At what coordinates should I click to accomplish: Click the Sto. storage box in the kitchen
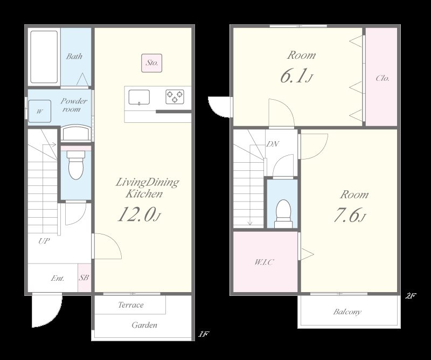(152, 63)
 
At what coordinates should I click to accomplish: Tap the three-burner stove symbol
(175, 97)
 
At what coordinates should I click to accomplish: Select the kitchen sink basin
(139, 97)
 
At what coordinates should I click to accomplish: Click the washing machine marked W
(39, 111)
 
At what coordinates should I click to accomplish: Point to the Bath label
(74, 57)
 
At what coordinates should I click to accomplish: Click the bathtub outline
(44, 57)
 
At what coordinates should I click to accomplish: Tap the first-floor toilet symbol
(75, 165)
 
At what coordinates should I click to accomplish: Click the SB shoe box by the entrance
(84, 278)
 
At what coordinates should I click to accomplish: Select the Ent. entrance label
(58, 278)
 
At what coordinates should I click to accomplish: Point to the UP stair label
(44, 241)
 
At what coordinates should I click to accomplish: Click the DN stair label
(273, 144)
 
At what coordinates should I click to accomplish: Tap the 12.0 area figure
(136, 214)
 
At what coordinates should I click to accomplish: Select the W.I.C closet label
(264, 262)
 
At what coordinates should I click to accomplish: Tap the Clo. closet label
(383, 78)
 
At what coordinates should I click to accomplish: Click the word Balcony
(347, 312)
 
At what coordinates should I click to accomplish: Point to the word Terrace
(131, 304)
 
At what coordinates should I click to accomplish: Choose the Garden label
(144, 325)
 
